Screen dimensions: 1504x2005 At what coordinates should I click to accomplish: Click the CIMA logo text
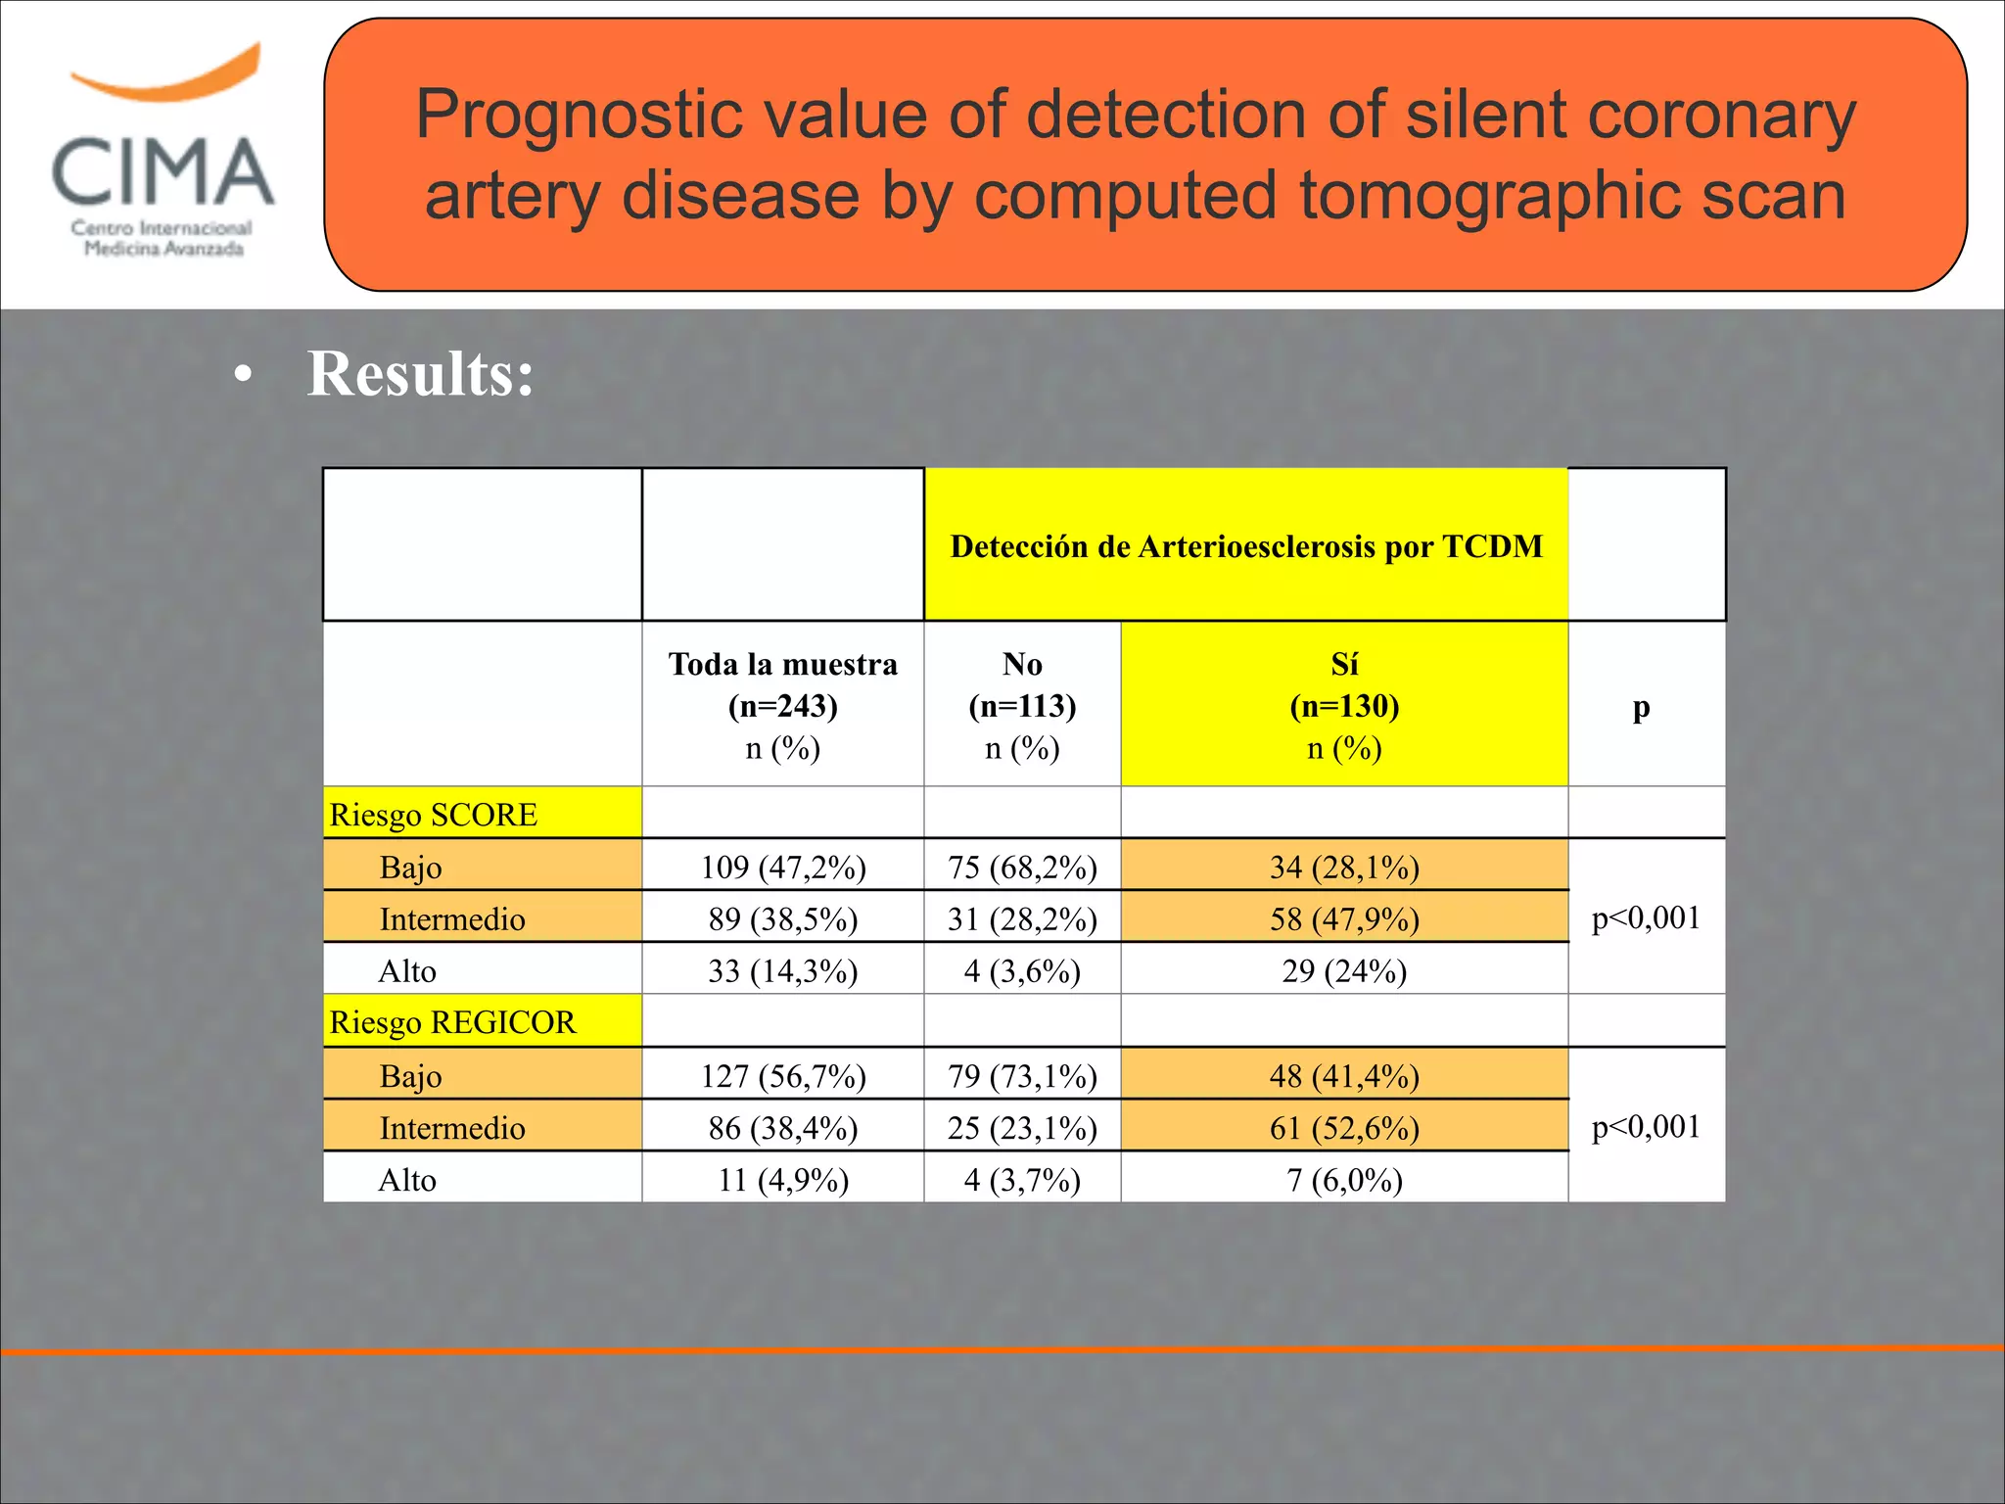[163, 171]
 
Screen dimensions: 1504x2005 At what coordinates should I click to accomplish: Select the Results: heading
[420, 374]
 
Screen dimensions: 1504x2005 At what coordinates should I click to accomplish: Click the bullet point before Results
[243, 376]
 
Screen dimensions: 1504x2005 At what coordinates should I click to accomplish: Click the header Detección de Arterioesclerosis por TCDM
[1245, 546]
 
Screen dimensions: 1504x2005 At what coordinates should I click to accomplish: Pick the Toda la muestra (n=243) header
[782, 705]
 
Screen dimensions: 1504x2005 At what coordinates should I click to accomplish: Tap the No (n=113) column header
[1022, 705]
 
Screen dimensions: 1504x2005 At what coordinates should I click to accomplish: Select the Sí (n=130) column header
[1344, 705]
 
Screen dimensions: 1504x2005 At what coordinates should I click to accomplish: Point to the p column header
[1641, 707]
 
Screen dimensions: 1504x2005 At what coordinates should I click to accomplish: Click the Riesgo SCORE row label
[434, 815]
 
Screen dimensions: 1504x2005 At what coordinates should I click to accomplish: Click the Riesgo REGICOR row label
[452, 1022]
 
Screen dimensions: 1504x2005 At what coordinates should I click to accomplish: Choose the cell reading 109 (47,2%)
[782, 868]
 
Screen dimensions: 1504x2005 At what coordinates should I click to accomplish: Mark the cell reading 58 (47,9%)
[1344, 919]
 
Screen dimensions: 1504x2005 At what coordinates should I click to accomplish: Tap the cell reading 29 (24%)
[1344, 971]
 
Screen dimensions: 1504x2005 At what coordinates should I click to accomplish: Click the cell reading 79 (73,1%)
[1022, 1076]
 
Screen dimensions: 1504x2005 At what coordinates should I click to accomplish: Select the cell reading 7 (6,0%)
[1344, 1180]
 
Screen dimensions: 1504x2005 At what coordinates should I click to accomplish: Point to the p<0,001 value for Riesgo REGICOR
[1646, 1127]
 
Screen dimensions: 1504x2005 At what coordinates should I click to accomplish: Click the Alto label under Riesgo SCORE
[407, 971]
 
